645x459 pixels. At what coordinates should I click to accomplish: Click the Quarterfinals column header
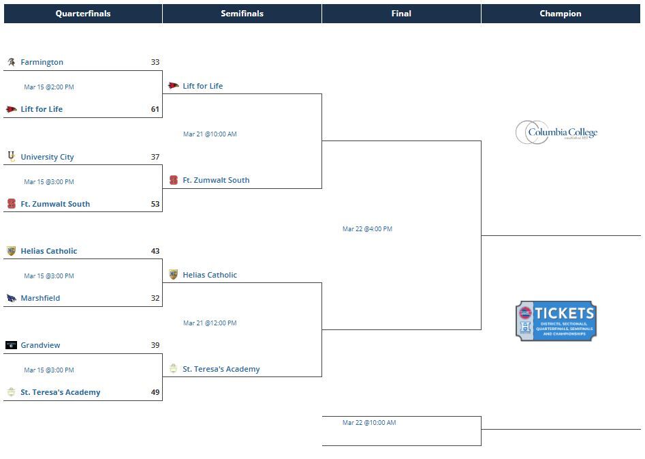(82, 14)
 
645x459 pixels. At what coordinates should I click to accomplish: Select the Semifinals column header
(242, 14)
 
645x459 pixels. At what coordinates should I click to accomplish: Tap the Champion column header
(561, 14)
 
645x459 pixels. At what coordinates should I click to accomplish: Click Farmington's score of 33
(155, 62)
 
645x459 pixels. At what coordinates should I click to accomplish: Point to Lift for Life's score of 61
(155, 109)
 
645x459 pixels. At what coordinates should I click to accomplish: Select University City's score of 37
(155, 157)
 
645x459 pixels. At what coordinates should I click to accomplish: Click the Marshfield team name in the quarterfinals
(40, 298)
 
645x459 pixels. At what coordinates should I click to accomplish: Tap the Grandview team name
(40, 345)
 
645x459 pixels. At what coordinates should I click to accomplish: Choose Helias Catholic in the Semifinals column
(210, 275)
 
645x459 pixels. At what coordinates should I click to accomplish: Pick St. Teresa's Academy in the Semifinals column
(221, 369)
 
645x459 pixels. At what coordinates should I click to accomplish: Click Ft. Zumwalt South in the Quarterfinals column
(55, 204)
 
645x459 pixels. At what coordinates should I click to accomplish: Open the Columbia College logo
(556, 132)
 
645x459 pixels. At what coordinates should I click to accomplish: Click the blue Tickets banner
(556, 321)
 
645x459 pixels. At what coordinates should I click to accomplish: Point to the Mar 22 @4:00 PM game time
(367, 229)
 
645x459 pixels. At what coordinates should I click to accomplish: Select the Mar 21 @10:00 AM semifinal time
(210, 134)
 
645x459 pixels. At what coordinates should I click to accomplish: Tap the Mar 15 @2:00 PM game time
(49, 87)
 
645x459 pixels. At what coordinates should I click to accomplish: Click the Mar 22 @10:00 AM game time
(369, 423)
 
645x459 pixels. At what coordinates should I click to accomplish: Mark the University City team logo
(11, 157)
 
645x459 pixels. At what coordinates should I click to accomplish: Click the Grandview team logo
(11, 345)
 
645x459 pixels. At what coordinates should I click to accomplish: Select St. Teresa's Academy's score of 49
(155, 392)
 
